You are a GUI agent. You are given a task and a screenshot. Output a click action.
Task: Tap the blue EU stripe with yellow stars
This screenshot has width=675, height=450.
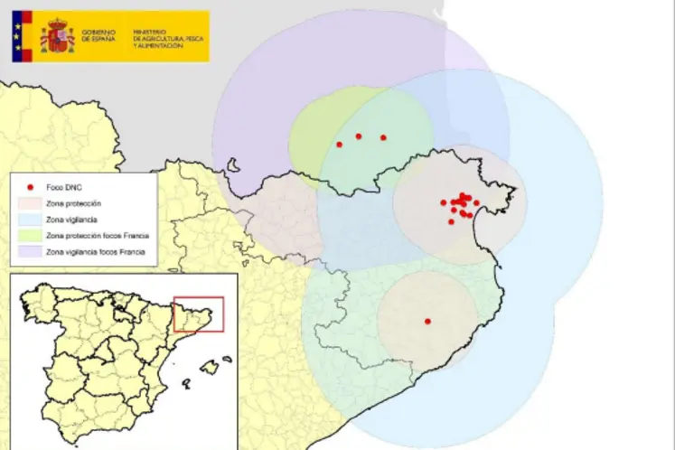(22, 36)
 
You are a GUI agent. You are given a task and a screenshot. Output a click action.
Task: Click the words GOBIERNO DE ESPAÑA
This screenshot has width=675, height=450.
(99, 36)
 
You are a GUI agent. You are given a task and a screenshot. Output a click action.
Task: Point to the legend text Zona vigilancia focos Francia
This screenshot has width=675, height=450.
(97, 250)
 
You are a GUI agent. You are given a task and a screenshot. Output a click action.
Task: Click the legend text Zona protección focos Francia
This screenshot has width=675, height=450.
(97, 235)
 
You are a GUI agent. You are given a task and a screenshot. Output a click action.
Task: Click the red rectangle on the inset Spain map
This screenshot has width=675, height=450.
(198, 313)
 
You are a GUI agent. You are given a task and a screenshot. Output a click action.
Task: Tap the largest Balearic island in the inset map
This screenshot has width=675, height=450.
(211, 367)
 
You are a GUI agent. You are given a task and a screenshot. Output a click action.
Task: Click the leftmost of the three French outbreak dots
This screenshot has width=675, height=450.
(339, 145)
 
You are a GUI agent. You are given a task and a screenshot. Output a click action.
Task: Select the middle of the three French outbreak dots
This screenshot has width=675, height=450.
(359, 136)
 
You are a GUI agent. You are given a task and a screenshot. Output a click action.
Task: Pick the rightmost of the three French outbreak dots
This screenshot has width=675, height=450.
(383, 137)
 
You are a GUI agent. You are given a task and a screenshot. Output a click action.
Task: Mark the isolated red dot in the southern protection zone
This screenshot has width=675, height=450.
(427, 322)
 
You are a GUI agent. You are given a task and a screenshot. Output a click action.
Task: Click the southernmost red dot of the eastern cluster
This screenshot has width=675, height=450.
(451, 221)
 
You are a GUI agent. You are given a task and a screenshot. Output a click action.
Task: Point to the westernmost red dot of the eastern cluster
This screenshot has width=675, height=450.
(444, 203)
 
